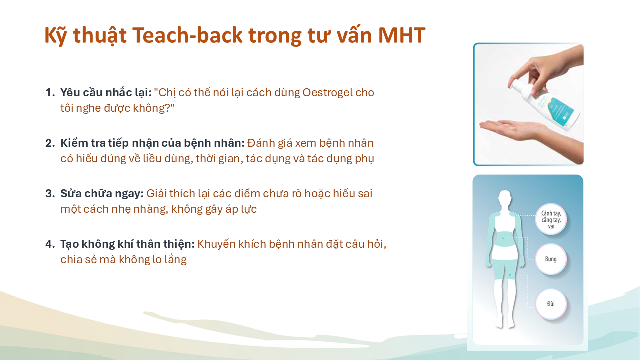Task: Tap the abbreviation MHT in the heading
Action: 402,35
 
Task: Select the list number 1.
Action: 50,93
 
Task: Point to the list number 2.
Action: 50,143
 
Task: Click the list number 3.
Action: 50,194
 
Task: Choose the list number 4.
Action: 50,244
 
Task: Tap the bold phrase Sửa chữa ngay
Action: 102,194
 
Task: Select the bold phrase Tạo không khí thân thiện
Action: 127,244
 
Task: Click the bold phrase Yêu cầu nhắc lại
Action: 106,93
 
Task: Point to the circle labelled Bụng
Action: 551,259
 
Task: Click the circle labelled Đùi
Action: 551,304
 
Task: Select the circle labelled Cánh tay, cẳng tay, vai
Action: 551,219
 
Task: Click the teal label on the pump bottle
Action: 560,112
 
